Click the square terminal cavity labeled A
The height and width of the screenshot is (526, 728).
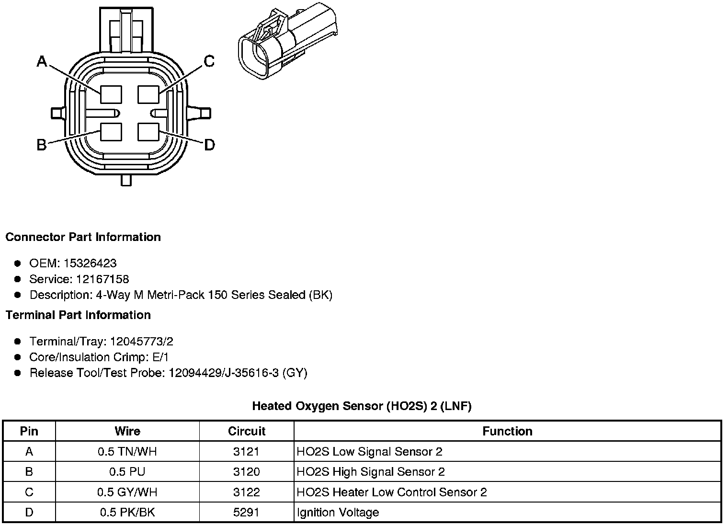(x=111, y=94)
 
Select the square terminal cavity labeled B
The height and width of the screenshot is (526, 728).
(x=111, y=132)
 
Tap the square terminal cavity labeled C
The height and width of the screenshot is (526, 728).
(x=148, y=94)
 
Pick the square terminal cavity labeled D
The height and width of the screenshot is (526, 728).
(x=148, y=132)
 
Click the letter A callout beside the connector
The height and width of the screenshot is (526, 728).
(x=43, y=61)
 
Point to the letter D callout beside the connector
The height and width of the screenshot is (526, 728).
(x=209, y=145)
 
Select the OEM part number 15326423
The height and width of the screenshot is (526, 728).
(x=93, y=263)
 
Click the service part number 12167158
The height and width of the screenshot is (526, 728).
(x=102, y=279)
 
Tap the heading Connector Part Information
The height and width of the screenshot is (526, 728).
(x=83, y=237)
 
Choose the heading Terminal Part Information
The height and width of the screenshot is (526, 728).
(x=78, y=315)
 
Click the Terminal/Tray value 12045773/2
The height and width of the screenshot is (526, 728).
(x=141, y=342)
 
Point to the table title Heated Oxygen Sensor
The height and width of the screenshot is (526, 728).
(x=362, y=406)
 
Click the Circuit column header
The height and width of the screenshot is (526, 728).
(x=247, y=431)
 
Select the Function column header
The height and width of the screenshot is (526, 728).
(x=507, y=431)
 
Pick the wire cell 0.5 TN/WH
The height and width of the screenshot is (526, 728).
(x=127, y=451)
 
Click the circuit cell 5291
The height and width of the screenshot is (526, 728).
(x=247, y=512)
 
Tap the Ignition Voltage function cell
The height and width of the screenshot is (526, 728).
(x=338, y=512)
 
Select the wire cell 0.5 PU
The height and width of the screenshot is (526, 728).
(x=127, y=472)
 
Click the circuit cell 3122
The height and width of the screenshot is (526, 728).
(x=247, y=492)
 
